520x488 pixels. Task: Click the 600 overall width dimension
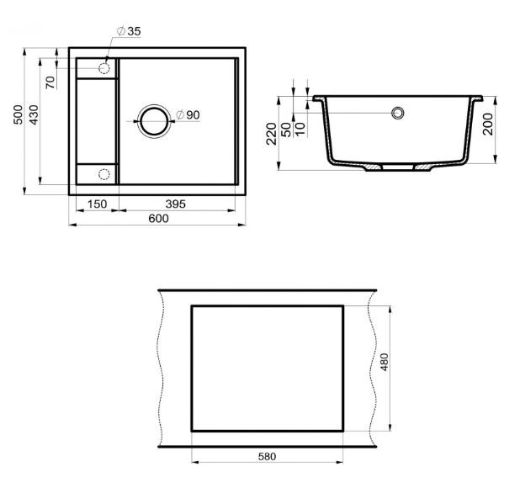pos(158,219)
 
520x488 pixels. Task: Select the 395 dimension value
pos(174,204)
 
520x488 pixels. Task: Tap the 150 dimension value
pos(96,204)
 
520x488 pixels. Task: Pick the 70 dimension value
pos(50,82)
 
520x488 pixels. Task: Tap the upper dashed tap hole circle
pos(105,66)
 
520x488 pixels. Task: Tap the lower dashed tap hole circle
pos(105,174)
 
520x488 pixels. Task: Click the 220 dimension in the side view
pos(272,133)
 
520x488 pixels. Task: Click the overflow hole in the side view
pos(399,112)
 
